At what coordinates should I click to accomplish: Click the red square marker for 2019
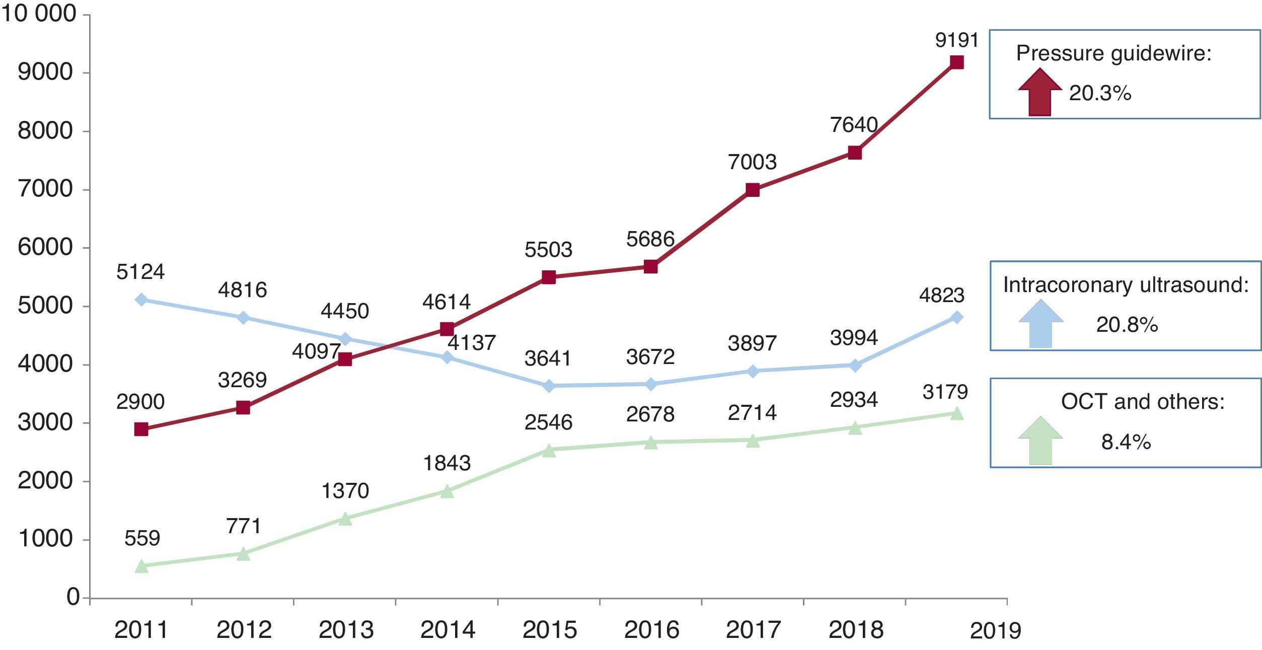point(956,62)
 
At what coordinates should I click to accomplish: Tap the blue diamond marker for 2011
point(141,300)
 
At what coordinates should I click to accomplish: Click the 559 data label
point(142,539)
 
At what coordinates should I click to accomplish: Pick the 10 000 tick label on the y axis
point(39,14)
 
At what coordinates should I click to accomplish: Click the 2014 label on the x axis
point(448,630)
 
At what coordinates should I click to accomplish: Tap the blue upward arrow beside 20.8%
point(1041,324)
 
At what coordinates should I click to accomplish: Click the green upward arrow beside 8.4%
point(1040,441)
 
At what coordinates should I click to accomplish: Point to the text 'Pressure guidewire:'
point(1113,53)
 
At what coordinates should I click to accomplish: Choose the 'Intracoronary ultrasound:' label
point(1126,285)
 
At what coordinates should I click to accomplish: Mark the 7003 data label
point(752,162)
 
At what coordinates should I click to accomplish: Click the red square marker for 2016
point(650,266)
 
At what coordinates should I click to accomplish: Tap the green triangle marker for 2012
point(243,554)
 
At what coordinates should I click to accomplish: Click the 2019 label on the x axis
point(995,631)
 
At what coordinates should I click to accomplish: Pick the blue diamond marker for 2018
point(854,365)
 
